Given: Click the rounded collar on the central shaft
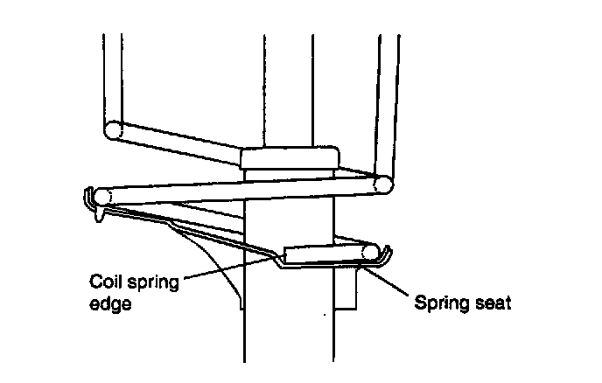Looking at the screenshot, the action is pyautogui.click(x=290, y=158).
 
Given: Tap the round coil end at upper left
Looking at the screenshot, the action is pyautogui.click(x=113, y=129).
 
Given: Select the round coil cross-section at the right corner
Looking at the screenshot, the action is pyautogui.click(x=383, y=185).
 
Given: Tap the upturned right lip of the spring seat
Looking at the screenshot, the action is pyautogui.click(x=387, y=256).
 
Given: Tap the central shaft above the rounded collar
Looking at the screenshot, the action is pyautogui.click(x=287, y=87).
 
